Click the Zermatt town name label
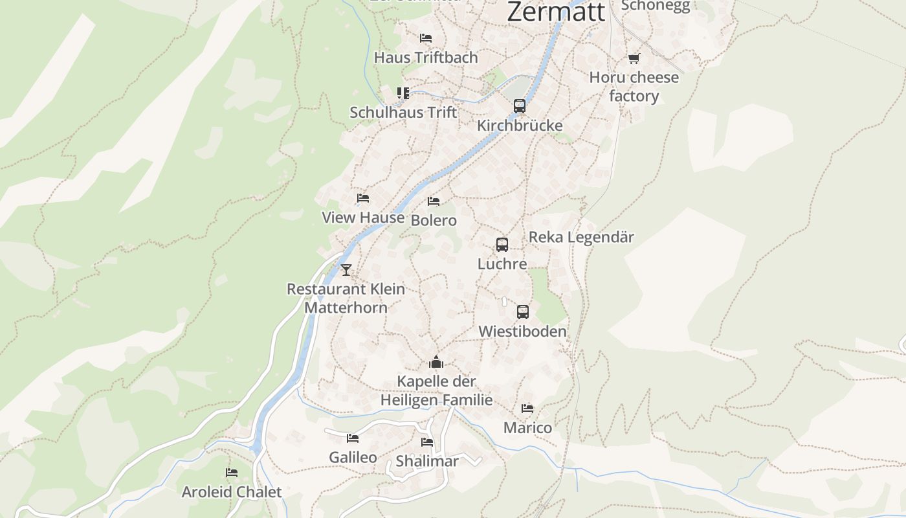pyautogui.click(x=556, y=12)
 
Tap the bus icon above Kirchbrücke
pyautogui.click(x=519, y=106)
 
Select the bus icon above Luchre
pyautogui.click(x=502, y=245)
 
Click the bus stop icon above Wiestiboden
pyautogui.click(x=523, y=312)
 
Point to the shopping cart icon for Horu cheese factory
pyautogui.click(x=634, y=59)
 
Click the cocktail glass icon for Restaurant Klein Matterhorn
pyautogui.click(x=346, y=269)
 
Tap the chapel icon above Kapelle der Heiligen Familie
pyautogui.click(x=436, y=362)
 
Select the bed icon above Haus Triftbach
pyautogui.click(x=426, y=38)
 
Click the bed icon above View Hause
pyautogui.click(x=363, y=198)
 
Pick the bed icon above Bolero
pyautogui.click(x=434, y=201)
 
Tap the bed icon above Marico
pyautogui.click(x=527, y=409)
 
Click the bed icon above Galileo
pyautogui.click(x=353, y=438)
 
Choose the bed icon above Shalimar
pyautogui.click(x=427, y=442)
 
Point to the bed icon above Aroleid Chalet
pyautogui.click(x=232, y=473)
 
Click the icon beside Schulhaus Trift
pyautogui.click(x=403, y=93)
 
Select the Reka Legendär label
pyautogui.click(x=581, y=237)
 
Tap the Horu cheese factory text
pyautogui.click(x=634, y=87)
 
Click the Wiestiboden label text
pyautogui.click(x=522, y=332)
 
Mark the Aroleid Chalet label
pyautogui.click(x=232, y=492)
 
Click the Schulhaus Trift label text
pyautogui.click(x=403, y=113)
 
